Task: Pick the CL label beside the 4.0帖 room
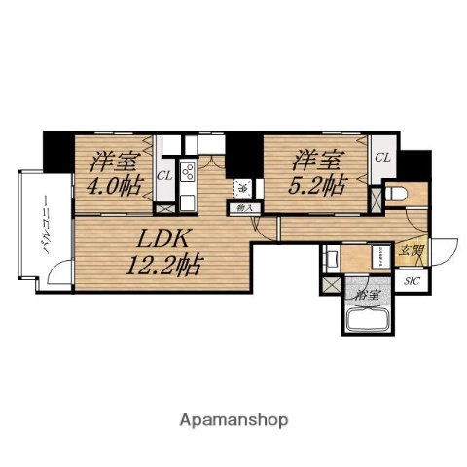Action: (164, 176)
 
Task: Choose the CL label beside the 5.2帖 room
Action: (383, 157)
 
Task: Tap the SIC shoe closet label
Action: (413, 281)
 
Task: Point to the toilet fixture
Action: (399, 194)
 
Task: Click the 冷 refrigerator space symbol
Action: (240, 186)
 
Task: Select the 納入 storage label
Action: (240, 206)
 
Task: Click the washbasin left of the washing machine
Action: (331, 260)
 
